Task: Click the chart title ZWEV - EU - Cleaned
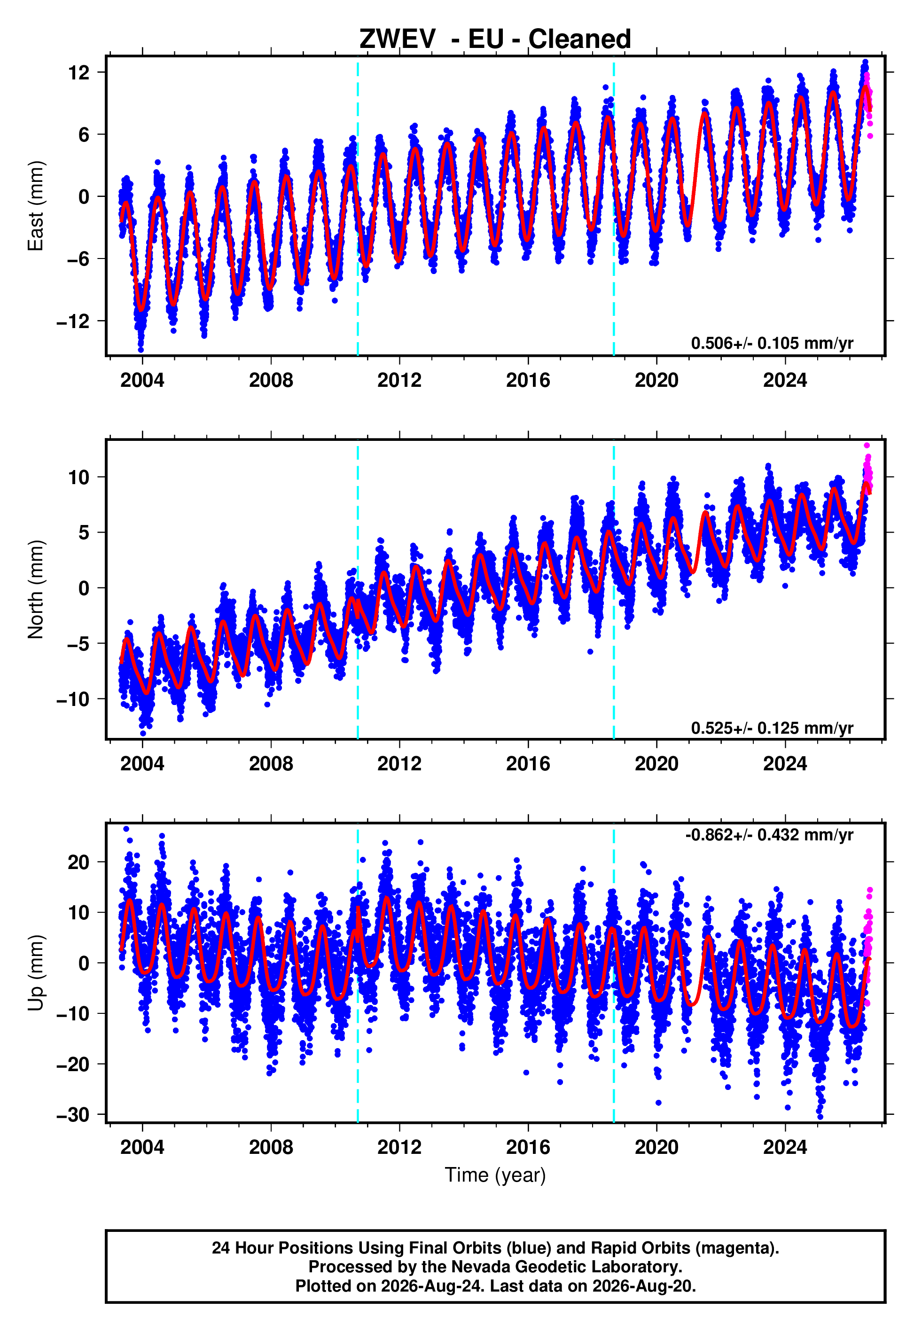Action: [495, 39]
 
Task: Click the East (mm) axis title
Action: [36, 206]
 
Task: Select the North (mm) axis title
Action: [36, 589]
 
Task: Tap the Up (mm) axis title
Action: [36, 973]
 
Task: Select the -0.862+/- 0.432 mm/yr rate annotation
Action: [769, 835]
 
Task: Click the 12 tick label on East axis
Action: [78, 73]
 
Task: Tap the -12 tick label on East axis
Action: [73, 321]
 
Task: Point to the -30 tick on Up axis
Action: [73, 1115]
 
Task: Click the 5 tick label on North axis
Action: [84, 533]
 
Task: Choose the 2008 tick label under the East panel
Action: [271, 380]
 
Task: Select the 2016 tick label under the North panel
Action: [528, 764]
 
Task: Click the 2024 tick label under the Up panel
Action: [785, 1147]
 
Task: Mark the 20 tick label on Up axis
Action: [78, 862]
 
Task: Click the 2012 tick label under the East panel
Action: [399, 380]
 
